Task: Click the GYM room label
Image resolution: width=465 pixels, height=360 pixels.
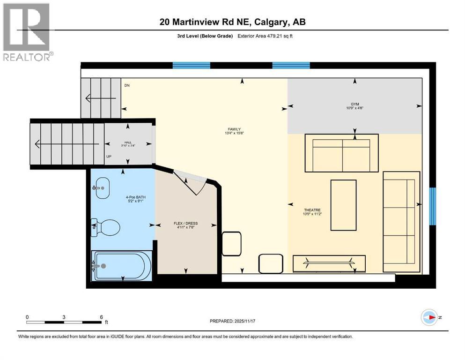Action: (x=354, y=104)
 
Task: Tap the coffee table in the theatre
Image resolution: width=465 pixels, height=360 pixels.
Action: (x=344, y=205)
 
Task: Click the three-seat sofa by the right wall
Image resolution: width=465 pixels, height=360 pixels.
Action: (x=401, y=221)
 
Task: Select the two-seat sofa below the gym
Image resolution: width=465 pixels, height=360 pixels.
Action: (x=342, y=153)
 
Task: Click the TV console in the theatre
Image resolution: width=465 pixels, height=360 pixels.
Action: (x=329, y=263)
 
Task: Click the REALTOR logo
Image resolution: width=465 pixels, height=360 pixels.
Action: (x=27, y=32)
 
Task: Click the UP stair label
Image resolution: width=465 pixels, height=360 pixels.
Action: (x=109, y=157)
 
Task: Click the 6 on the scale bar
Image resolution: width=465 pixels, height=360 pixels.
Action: (x=101, y=317)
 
